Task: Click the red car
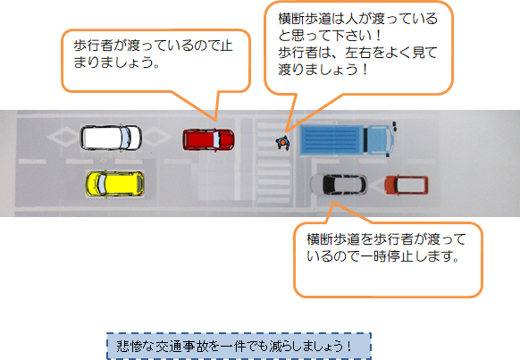click(x=208, y=140)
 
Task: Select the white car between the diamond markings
click(x=111, y=138)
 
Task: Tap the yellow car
click(x=114, y=183)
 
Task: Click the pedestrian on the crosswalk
click(x=283, y=143)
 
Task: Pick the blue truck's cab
click(x=381, y=139)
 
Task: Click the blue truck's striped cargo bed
click(x=332, y=140)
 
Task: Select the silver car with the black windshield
click(x=339, y=185)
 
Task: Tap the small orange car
click(x=406, y=185)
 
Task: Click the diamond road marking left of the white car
click(x=63, y=138)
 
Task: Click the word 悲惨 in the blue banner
click(x=130, y=347)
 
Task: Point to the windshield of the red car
click(x=215, y=140)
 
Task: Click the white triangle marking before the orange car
click(x=376, y=185)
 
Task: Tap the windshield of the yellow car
click(x=101, y=183)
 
